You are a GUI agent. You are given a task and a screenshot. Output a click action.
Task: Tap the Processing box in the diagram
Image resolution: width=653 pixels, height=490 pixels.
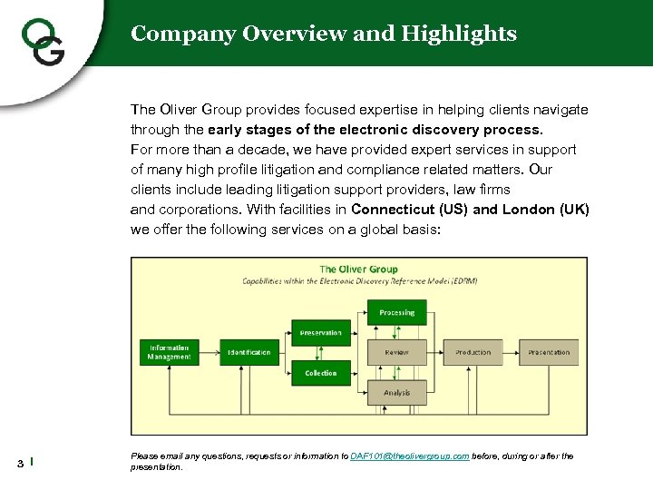(x=396, y=312)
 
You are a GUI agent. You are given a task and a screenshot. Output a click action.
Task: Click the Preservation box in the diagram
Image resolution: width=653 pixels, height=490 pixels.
(x=321, y=333)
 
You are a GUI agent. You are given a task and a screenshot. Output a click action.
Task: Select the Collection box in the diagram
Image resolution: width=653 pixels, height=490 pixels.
(x=321, y=373)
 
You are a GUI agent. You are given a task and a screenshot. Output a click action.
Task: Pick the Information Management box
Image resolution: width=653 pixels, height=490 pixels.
(x=170, y=352)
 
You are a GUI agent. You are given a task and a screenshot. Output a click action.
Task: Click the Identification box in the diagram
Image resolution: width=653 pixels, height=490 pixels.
(x=249, y=352)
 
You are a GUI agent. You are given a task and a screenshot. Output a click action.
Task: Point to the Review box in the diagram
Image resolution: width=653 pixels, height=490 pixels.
(x=396, y=352)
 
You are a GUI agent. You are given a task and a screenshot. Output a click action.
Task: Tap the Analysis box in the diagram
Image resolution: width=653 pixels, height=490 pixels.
(x=396, y=393)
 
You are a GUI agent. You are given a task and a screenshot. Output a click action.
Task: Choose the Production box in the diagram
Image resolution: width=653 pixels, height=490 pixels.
(x=473, y=352)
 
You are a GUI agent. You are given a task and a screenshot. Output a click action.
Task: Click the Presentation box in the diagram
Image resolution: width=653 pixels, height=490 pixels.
(x=549, y=352)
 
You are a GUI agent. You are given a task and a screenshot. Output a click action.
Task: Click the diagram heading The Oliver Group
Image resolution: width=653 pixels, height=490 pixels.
(x=358, y=269)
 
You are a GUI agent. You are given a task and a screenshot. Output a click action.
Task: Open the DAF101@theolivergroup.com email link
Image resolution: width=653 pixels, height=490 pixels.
(x=409, y=456)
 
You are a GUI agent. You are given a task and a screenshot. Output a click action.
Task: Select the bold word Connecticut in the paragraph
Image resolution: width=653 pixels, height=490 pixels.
(x=394, y=210)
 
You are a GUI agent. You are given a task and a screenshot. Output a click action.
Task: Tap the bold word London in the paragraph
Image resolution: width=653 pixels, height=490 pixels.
(x=531, y=210)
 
